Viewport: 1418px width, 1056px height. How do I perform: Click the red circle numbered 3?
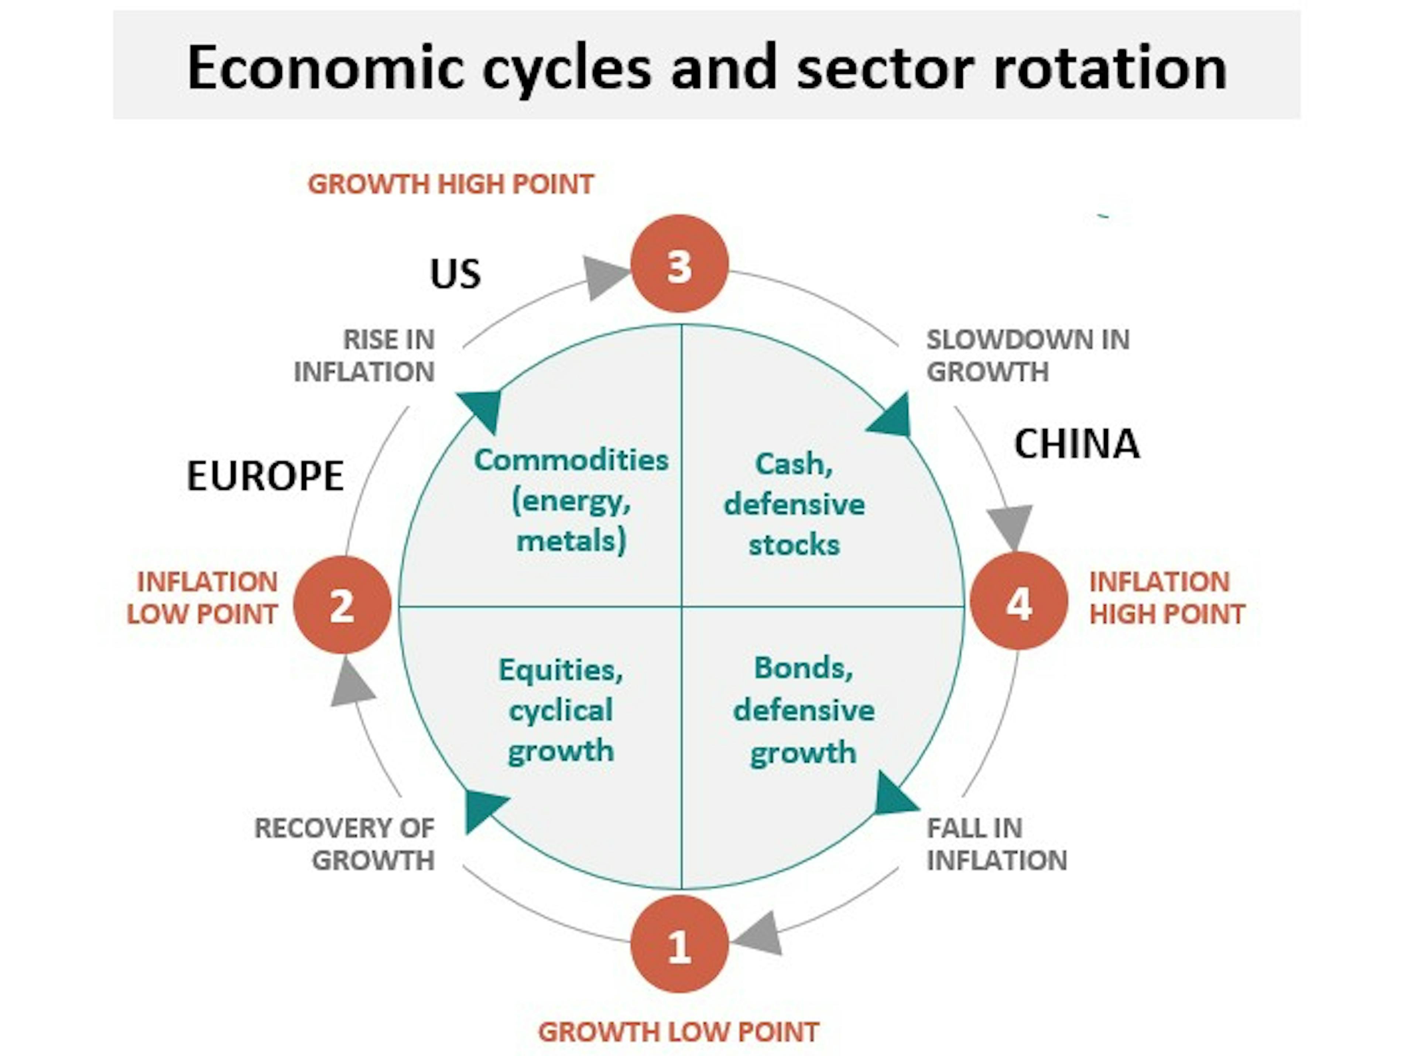tap(679, 264)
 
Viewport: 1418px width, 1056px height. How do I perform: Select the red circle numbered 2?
tap(342, 605)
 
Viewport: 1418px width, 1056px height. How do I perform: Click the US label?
tap(455, 274)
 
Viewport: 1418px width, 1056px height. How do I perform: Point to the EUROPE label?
tap(265, 476)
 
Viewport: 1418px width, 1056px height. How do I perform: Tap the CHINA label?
tap(1076, 444)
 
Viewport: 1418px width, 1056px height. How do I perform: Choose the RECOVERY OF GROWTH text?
tap(345, 844)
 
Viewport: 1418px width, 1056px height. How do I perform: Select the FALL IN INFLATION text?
tap(996, 844)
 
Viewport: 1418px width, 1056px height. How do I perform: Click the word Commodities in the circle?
tap(571, 460)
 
